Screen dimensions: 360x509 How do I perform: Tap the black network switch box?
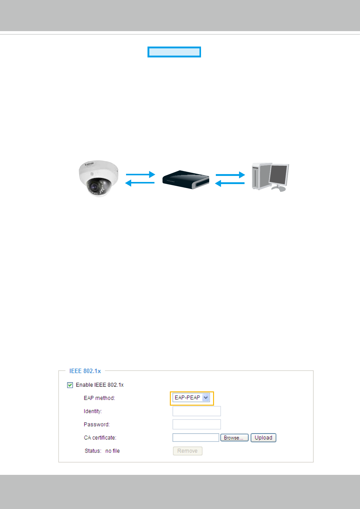(186, 180)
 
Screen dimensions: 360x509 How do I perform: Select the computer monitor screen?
(279, 175)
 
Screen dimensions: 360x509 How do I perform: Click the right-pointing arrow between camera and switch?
(140, 174)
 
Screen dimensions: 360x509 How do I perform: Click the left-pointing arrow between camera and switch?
(140, 183)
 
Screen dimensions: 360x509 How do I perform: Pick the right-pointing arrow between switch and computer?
(230, 175)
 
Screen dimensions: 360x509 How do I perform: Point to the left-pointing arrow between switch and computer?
(229, 183)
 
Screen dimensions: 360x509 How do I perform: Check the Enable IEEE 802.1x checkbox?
(70, 385)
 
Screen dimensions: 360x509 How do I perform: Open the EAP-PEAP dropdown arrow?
(206, 398)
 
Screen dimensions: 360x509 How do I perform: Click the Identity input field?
(196, 411)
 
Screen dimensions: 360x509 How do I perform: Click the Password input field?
(196, 424)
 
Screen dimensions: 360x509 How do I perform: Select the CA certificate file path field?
(196, 438)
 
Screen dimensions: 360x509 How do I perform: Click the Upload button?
(263, 438)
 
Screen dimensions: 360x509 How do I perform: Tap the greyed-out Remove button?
(187, 451)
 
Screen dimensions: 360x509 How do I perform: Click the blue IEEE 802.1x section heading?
(85, 371)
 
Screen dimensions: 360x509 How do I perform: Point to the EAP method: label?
(99, 398)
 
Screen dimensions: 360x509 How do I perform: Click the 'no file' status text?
(112, 451)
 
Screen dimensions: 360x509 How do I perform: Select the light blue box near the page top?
(174, 52)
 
